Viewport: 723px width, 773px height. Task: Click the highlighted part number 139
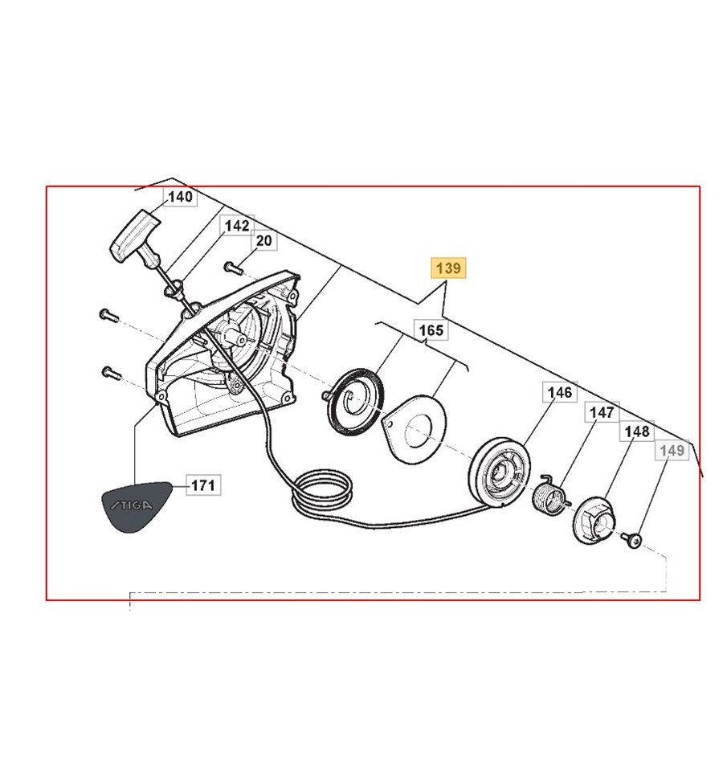[448, 268]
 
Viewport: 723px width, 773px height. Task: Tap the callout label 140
[180, 197]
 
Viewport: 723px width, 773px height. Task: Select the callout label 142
[236, 226]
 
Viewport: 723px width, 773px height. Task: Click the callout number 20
[264, 240]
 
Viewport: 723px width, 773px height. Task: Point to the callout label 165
[431, 329]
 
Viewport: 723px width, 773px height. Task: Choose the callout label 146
[560, 392]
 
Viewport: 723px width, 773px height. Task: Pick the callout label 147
[602, 412]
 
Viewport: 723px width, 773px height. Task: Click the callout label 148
[637, 431]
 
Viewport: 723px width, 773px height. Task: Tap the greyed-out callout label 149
[672, 450]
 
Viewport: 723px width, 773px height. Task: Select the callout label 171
[203, 485]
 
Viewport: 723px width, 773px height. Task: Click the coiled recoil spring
[353, 400]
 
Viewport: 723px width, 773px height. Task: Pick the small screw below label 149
[633, 540]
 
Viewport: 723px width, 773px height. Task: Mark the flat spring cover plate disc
[415, 428]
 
